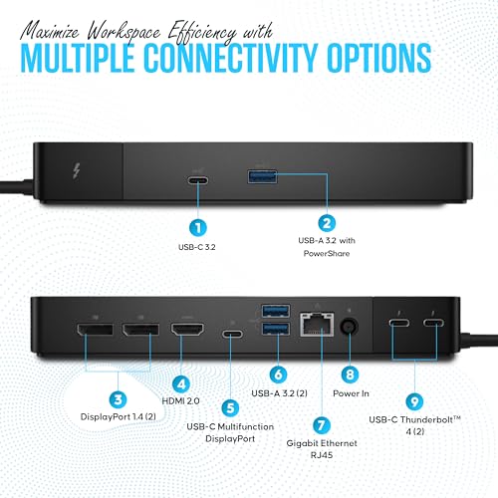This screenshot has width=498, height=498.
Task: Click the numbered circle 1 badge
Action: [x=198, y=228]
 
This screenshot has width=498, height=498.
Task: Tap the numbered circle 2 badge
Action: [x=327, y=223]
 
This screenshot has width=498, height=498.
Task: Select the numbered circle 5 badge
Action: [x=230, y=408]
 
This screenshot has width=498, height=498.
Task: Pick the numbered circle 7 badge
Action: [x=322, y=425]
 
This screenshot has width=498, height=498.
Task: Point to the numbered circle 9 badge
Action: [x=414, y=401]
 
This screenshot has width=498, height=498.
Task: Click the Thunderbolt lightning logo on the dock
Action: [x=77, y=172]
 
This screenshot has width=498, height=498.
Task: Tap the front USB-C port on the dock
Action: [x=198, y=180]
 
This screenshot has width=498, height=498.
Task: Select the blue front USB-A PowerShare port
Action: [x=262, y=176]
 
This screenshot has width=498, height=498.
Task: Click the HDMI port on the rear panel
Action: [x=187, y=329]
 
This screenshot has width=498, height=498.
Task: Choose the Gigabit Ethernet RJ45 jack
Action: [x=317, y=324]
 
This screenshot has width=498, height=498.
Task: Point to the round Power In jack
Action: [x=350, y=327]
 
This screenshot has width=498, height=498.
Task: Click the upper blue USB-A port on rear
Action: [x=276, y=311]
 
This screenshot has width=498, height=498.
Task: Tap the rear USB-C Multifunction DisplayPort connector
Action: [x=232, y=334]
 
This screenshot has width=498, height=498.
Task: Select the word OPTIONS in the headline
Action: [x=379, y=58]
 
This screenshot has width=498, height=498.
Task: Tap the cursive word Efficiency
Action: [x=202, y=33]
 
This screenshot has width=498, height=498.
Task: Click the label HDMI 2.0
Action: [x=180, y=401]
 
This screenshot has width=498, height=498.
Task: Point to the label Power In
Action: [x=351, y=393]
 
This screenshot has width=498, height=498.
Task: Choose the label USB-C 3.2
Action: [x=197, y=247]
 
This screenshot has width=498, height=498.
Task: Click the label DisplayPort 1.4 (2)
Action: [x=119, y=416]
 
